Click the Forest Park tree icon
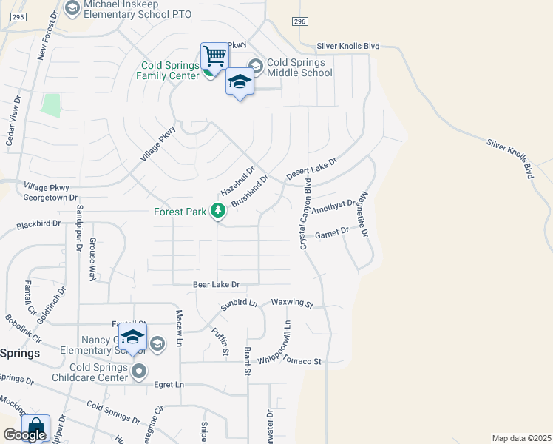[218, 212]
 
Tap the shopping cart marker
[214, 55]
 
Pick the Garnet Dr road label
[331, 233]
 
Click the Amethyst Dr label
[334, 206]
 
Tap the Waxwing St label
[292, 303]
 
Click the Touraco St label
[305, 361]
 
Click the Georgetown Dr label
[50, 198]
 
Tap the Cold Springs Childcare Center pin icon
[138, 371]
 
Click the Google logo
[24, 435]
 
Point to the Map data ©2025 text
[520, 438]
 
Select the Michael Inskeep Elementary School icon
[72, 8]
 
